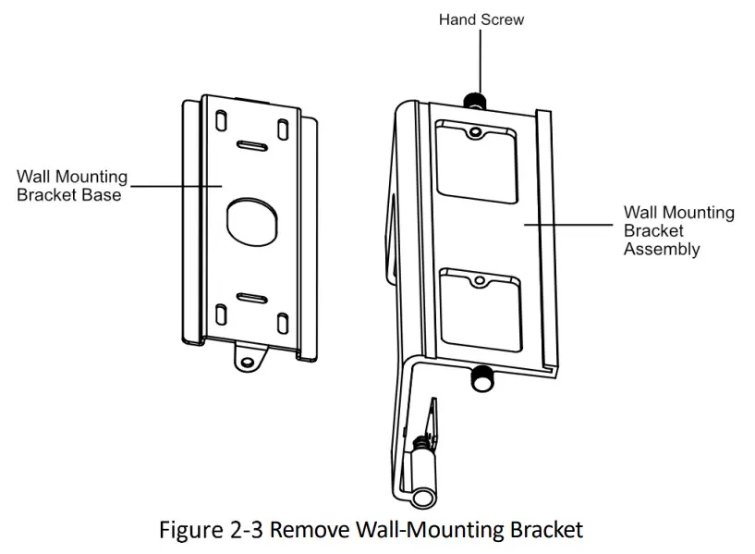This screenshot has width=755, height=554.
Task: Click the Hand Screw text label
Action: tap(480, 18)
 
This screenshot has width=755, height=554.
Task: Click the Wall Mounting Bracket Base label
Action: tap(72, 185)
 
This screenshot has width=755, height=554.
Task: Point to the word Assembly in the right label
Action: tap(662, 250)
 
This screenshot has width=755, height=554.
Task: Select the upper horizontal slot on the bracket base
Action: tap(251, 145)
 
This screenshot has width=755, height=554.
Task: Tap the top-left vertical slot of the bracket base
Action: tap(222, 122)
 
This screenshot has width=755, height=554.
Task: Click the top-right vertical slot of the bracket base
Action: tap(281, 122)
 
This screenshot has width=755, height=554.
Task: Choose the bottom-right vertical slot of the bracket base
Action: tap(281, 321)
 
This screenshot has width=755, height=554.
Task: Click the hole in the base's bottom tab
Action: tap(247, 358)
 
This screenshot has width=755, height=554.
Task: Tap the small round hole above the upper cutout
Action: tap(475, 132)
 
